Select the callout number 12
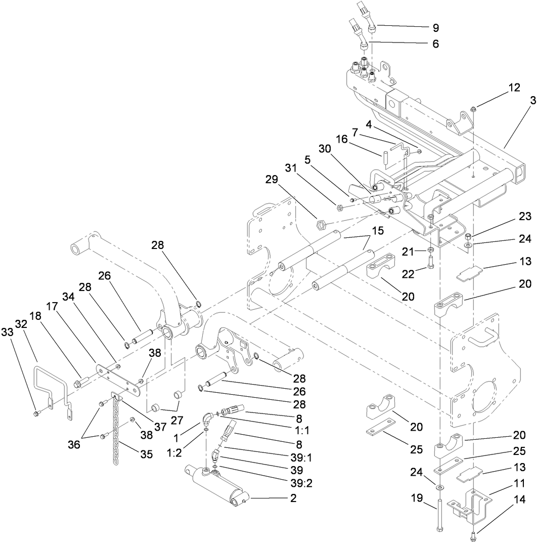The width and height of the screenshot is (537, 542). point(500,87)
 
